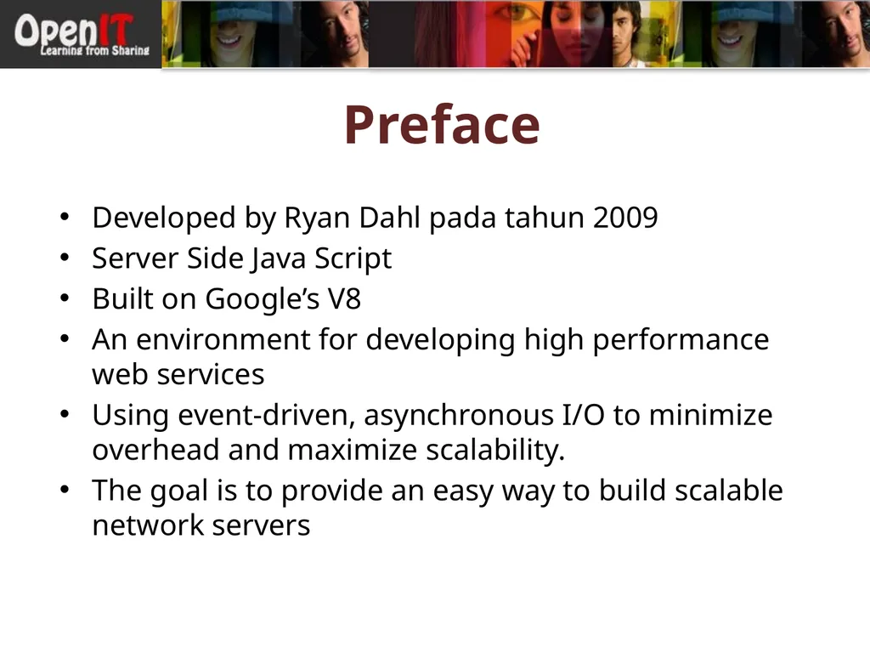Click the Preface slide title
point(441,125)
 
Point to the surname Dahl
point(391,219)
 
